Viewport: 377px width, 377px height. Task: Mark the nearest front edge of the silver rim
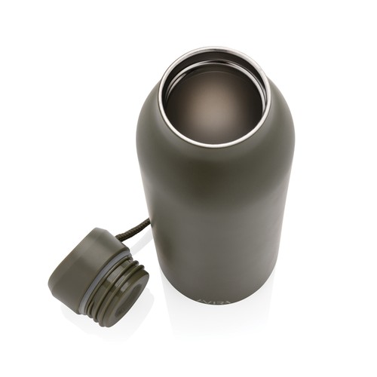click(x=215, y=144)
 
